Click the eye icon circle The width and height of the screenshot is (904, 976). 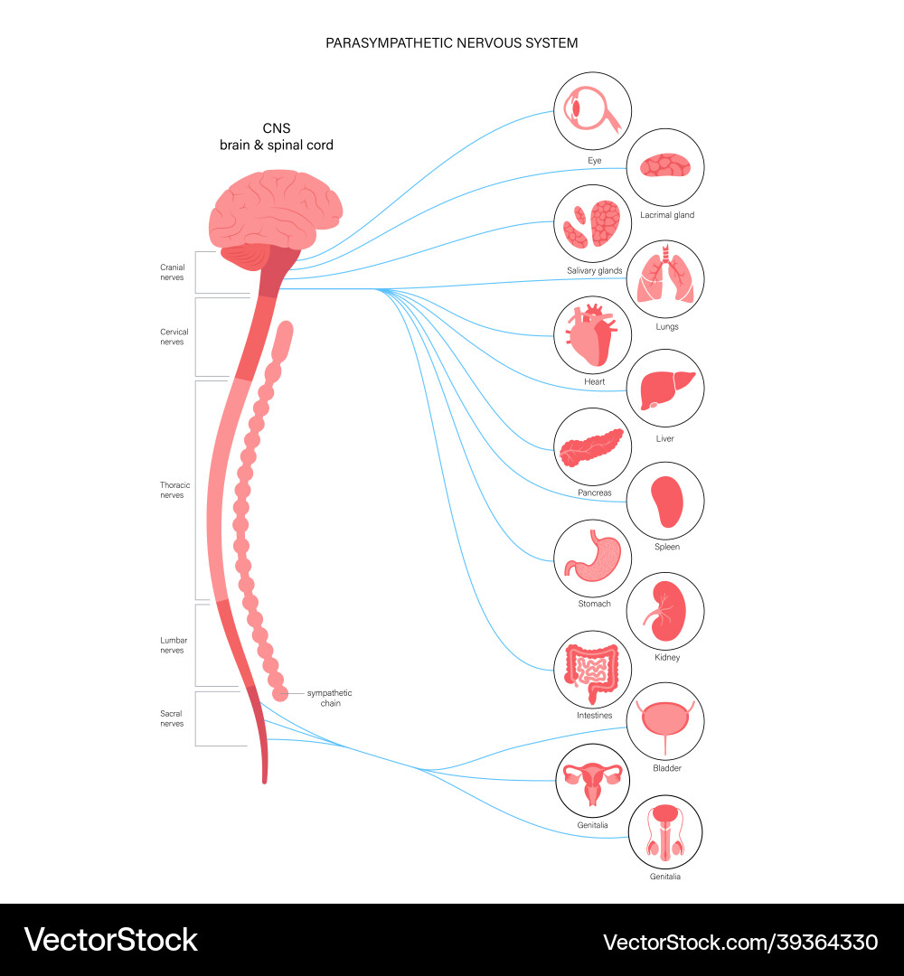(x=592, y=112)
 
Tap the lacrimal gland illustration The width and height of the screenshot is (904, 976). (x=665, y=167)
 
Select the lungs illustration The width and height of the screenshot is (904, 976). (x=665, y=277)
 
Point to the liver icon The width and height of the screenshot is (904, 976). (x=665, y=389)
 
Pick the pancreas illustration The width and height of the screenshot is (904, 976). (x=592, y=446)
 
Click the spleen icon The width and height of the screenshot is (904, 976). (x=665, y=501)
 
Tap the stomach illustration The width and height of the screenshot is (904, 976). (x=592, y=557)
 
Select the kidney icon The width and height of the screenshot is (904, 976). (x=665, y=611)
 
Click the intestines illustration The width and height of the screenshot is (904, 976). (x=592, y=669)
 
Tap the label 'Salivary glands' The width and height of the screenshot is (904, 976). (x=594, y=270)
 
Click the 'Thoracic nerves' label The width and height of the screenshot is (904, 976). (x=172, y=490)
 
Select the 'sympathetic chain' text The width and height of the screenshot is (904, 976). (x=329, y=698)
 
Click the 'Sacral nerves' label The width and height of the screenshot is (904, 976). (x=172, y=718)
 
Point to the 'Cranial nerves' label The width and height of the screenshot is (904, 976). (x=172, y=272)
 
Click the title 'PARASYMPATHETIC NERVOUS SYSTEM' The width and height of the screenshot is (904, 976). (x=452, y=42)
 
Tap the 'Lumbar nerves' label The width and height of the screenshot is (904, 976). (x=172, y=645)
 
